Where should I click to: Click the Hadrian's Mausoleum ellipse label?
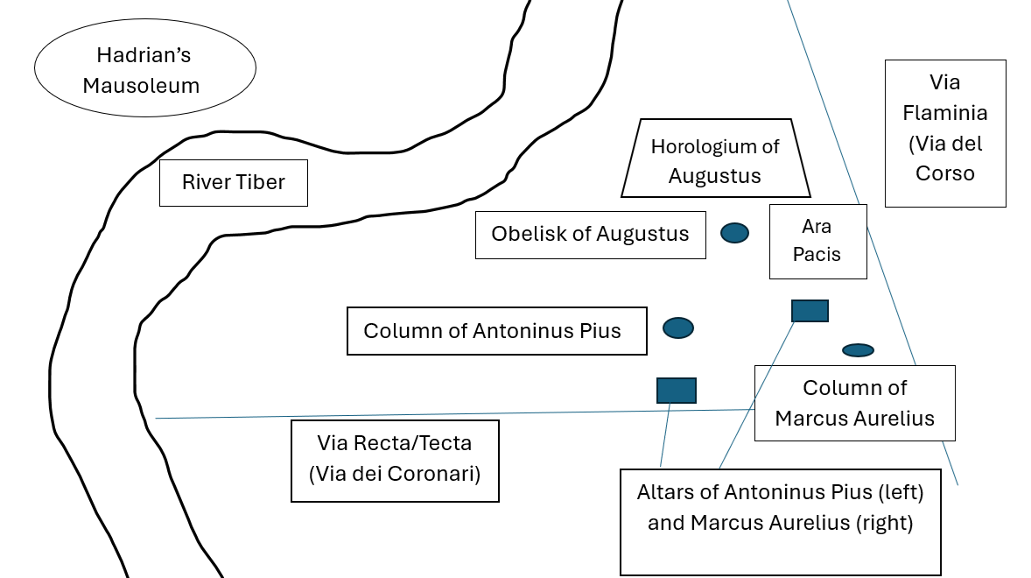[x=145, y=70]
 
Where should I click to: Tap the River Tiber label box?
[x=233, y=182]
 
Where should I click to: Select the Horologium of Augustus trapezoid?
[x=715, y=159]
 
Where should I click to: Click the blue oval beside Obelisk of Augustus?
[x=734, y=232]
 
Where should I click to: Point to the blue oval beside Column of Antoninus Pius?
[x=678, y=328]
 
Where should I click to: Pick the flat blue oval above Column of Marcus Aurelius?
[x=858, y=350]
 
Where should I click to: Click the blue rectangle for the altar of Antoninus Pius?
[x=677, y=391]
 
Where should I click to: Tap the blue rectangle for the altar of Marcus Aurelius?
[x=810, y=311]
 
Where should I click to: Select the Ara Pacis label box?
[x=818, y=241]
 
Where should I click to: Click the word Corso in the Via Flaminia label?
[x=945, y=173]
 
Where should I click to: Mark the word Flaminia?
[x=945, y=113]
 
